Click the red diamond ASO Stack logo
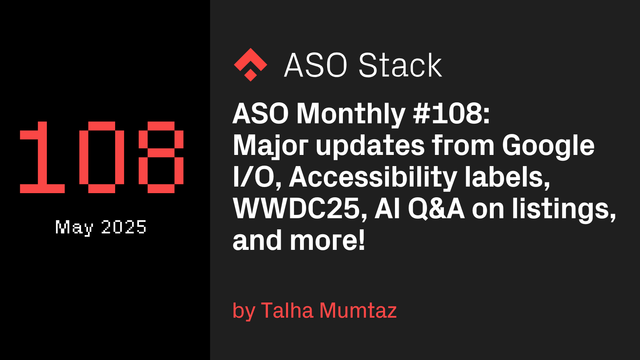point(251,65)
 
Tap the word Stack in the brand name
point(400,65)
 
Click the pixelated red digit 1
point(42,157)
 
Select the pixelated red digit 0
point(102,157)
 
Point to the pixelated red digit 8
point(161,157)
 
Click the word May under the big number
point(74,228)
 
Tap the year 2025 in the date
point(124,227)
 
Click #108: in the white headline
point(451,114)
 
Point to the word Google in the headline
point(548,147)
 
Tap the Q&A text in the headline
point(436,210)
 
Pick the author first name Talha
point(287,310)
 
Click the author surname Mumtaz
point(358,311)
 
